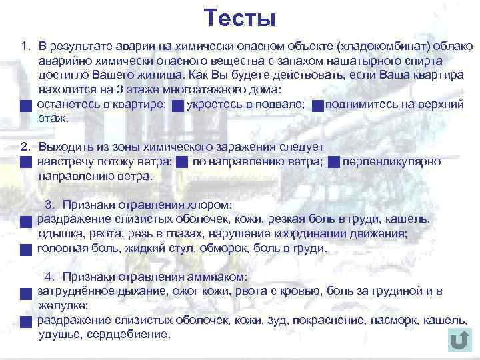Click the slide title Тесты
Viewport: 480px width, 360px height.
coord(239,18)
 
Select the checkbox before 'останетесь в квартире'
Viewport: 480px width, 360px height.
coord(25,106)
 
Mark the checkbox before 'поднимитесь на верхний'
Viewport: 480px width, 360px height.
coord(318,106)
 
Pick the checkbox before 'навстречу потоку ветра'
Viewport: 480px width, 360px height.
coord(25,162)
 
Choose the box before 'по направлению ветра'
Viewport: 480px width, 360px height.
coord(182,162)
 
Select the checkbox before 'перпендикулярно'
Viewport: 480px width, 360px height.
coord(334,162)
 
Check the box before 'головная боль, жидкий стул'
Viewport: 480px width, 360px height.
coord(25,250)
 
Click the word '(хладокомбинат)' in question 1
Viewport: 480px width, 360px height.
coord(382,46)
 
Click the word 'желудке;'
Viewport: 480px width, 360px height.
coord(63,306)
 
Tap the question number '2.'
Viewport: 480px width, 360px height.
coord(26,147)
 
